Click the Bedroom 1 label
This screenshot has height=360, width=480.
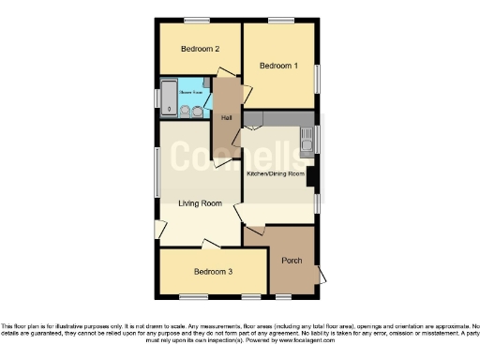(278, 66)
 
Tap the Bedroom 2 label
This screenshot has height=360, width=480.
(201, 49)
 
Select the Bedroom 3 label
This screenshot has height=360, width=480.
(213, 272)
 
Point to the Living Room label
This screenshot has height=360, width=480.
(200, 202)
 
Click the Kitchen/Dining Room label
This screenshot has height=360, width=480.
(277, 174)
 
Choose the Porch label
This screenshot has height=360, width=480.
(292, 260)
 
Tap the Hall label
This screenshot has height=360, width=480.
(226, 118)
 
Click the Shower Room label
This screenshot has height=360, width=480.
(193, 92)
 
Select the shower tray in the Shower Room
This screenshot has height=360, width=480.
(169, 97)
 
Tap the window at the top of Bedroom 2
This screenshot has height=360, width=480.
(196, 21)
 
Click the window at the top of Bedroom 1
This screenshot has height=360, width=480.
(279, 21)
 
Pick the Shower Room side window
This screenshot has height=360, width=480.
(156, 97)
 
